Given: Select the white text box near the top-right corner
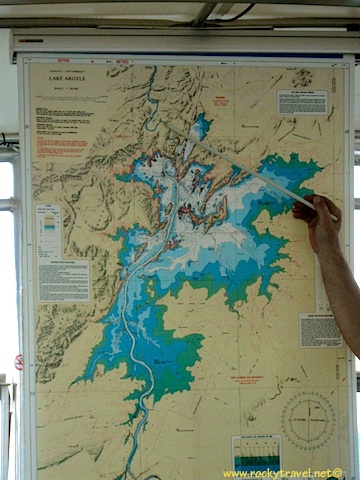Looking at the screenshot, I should coord(302,102).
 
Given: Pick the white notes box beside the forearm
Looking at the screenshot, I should coord(319,329).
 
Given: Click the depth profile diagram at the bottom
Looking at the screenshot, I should coord(256,451).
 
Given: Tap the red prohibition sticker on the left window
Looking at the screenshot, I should coord(18,361).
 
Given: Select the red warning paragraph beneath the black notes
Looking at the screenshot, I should coord(62,145).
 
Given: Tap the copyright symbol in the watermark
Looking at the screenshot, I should coord(338,473).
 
